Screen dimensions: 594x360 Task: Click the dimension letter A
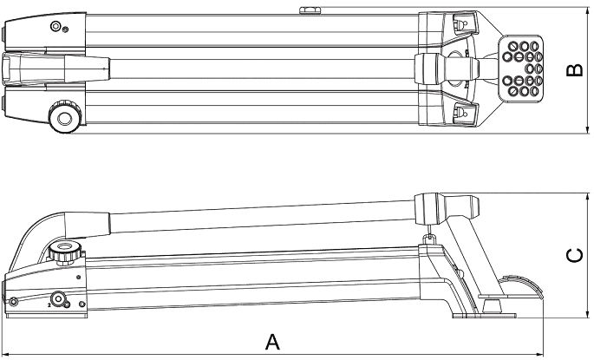tap(272, 342)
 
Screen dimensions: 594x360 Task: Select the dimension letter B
tap(575, 70)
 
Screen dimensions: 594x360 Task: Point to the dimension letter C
tap(575, 255)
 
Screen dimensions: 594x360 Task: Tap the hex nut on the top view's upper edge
tap(309, 10)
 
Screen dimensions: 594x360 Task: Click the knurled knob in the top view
tap(65, 116)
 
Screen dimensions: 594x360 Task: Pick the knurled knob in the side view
tap(65, 252)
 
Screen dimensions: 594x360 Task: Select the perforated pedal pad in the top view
tap(521, 69)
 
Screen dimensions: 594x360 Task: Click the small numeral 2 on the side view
tap(49, 304)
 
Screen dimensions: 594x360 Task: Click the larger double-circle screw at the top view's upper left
tap(56, 27)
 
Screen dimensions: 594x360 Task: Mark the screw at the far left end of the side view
tap(13, 301)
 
